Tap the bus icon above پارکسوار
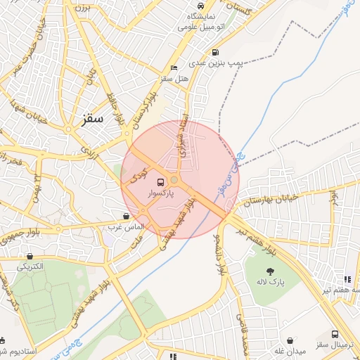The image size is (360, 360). point(161,181)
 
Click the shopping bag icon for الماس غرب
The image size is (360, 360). point(126,216)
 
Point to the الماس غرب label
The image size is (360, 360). point(126,226)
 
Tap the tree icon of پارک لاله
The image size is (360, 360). point(271,271)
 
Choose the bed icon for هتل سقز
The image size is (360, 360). point(174,68)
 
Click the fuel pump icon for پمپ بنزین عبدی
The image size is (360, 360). point(214,52)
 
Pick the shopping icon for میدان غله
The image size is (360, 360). point(290,341)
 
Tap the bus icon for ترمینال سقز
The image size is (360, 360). point(335,335)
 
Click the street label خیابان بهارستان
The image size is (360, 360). point(271,200)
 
